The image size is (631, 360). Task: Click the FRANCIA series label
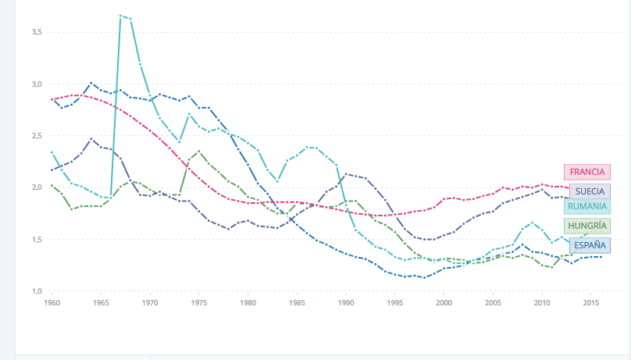[587, 172]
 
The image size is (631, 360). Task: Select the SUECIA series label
[590, 191]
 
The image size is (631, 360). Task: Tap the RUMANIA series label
[587, 206]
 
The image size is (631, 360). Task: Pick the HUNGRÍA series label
[587, 226]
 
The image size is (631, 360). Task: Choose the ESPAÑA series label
[590, 245]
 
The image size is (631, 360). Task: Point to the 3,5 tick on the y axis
[36, 32]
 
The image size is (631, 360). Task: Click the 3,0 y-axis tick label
[36, 84]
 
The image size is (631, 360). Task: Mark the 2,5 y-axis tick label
[36, 136]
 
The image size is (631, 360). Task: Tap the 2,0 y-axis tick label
[36, 187]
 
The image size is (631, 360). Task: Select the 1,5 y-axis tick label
[36, 239]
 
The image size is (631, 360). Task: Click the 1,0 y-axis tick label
[36, 291]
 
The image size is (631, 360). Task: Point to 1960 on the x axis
[52, 302]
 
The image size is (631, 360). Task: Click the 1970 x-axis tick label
[150, 302]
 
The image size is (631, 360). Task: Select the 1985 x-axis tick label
[297, 302]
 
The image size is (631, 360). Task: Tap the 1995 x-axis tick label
[395, 302]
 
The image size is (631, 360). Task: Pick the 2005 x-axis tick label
[493, 302]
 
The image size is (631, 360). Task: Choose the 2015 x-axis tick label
[591, 302]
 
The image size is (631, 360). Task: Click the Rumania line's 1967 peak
[121, 15]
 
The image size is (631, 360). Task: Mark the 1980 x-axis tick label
[248, 302]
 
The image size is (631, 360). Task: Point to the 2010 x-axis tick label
[542, 302]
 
